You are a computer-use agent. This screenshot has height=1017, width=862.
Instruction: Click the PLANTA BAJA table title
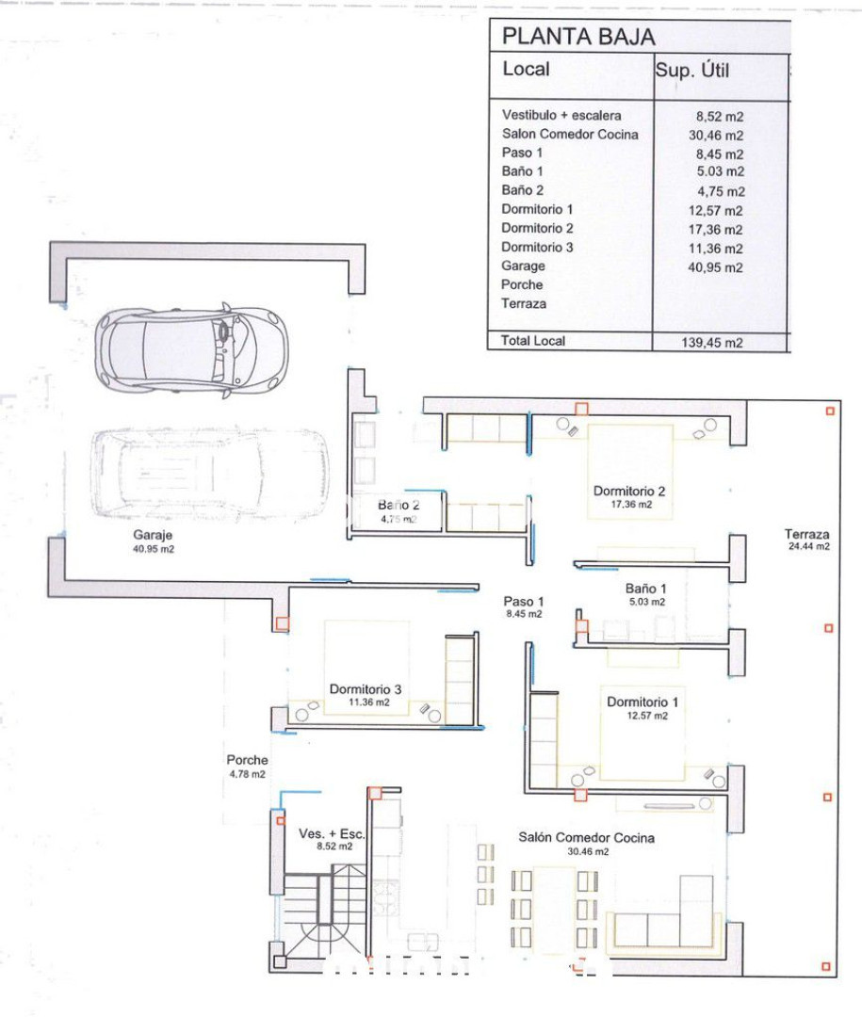pyautogui.click(x=578, y=37)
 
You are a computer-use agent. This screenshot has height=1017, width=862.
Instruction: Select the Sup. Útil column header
pyautogui.click(x=691, y=70)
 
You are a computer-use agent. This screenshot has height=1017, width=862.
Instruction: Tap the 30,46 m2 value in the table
pyautogui.click(x=716, y=136)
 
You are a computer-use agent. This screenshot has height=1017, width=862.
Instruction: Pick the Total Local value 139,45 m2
pyautogui.click(x=711, y=343)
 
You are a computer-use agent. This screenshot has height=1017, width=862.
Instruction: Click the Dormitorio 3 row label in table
pyautogui.click(x=537, y=247)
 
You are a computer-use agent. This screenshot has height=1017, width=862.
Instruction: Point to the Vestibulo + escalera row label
pyautogui.click(x=561, y=116)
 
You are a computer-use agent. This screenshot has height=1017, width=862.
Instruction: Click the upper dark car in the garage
pyautogui.click(x=191, y=350)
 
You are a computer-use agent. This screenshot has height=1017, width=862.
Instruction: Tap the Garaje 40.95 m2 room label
pyautogui.click(x=154, y=541)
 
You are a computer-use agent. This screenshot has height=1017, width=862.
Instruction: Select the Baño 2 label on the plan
pyautogui.click(x=398, y=511)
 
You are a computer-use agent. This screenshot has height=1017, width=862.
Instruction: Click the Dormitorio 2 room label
pyautogui.click(x=629, y=497)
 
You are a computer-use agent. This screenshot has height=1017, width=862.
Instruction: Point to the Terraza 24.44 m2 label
pyautogui.click(x=806, y=540)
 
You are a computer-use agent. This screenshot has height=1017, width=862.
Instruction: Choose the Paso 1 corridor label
pyautogui.click(x=523, y=607)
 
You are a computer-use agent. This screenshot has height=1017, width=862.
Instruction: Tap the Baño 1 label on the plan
pyautogui.click(x=646, y=594)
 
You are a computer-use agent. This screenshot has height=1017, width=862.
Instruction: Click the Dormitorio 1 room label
pyautogui.click(x=642, y=708)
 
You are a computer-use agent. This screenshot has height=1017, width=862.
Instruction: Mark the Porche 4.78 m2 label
pyautogui.click(x=248, y=766)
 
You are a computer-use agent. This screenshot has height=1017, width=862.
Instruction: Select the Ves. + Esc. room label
pyautogui.click(x=332, y=839)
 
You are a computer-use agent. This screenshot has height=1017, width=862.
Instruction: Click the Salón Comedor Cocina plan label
pyautogui.click(x=586, y=843)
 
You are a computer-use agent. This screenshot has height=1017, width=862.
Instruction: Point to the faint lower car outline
pyautogui.click(x=209, y=474)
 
